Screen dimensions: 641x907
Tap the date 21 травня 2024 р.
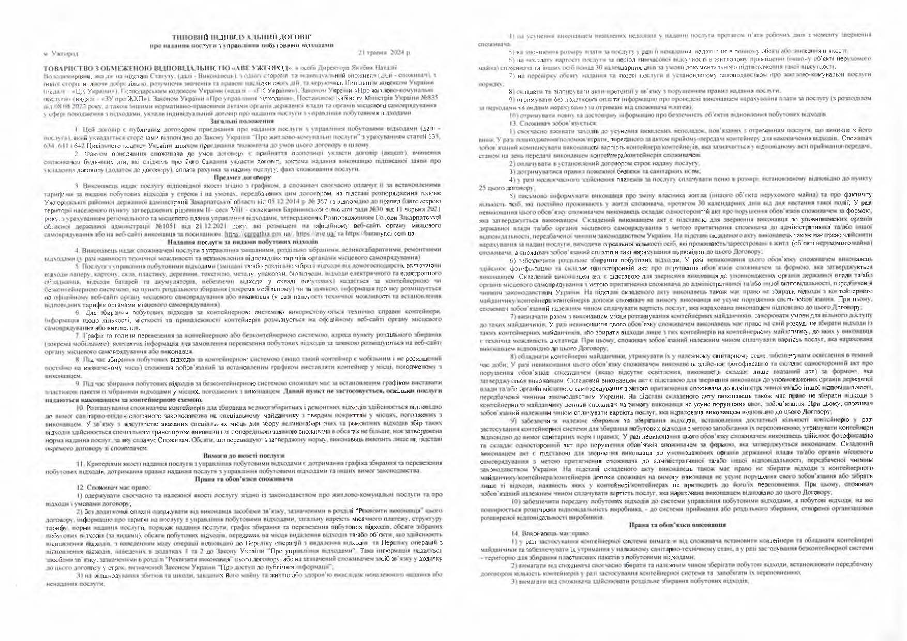click(x=383, y=53)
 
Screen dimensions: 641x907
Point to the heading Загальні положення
click(x=245, y=120)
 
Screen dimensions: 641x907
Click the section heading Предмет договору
click(x=246, y=177)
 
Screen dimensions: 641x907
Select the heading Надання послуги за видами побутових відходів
click(x=243, y=241)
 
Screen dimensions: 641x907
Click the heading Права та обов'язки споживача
click(x=245, y=479)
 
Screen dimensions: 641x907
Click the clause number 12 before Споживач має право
click(x=79, y=487)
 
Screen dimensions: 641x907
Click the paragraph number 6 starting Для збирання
click(x=78, y=312)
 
